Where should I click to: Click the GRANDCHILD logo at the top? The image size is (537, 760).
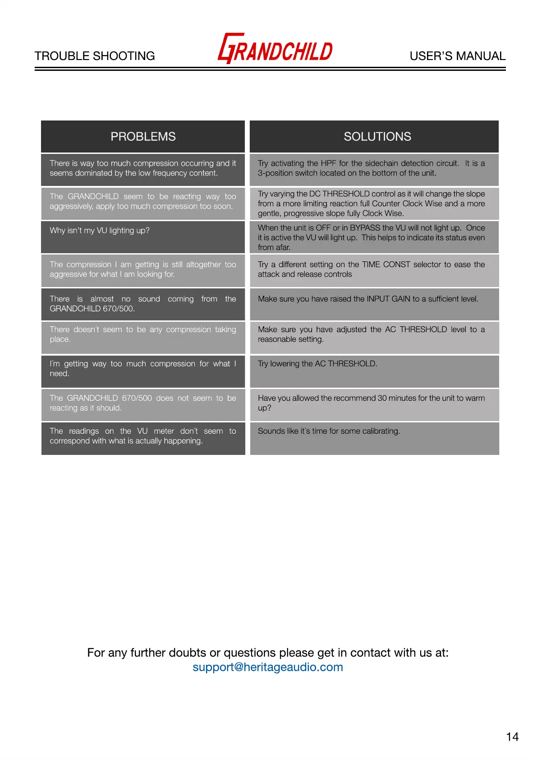[x=275, y=49]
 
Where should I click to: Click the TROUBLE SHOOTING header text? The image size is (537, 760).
[x=95, y=56]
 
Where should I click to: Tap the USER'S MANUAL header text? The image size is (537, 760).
[x=457, y=56]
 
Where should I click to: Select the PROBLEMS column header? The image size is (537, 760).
[x=143, y=137]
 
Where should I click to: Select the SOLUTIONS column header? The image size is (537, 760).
[x=377, y=137]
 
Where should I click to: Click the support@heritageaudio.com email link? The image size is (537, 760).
[x=268, y=667]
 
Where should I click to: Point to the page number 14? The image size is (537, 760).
[x=512, y=737]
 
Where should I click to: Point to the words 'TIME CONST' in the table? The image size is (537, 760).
[x=386, y=264]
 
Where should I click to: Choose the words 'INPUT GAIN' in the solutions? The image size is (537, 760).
[x=388, y=299]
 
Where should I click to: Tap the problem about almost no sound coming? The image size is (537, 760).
[x=142, y=304]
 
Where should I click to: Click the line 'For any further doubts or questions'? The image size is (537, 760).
[x=268, y=653]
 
